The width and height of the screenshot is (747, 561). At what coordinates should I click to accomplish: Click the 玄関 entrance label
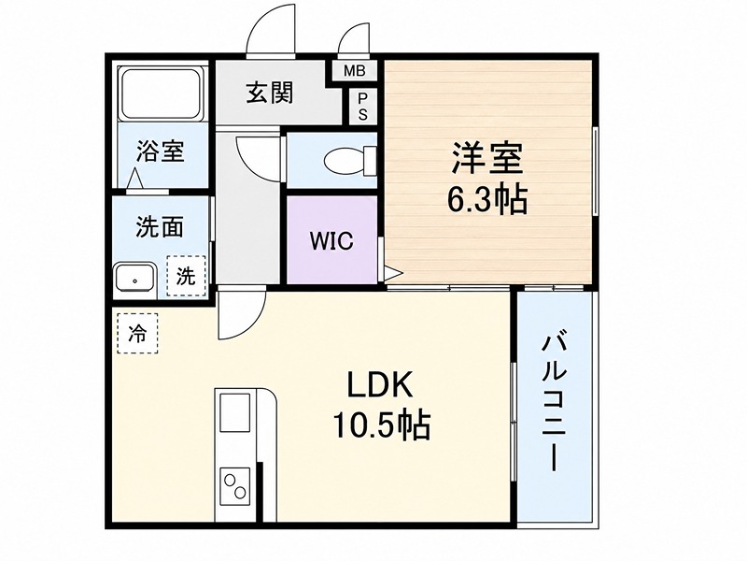[x=270, y=93]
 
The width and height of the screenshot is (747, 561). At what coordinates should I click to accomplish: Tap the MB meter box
[x=355, y=72]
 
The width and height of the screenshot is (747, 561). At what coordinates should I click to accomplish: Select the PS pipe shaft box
[x=363, y=107]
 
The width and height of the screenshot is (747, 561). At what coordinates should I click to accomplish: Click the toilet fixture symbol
[x=349, y=160]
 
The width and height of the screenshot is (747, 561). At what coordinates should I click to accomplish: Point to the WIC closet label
[x=331, y=241]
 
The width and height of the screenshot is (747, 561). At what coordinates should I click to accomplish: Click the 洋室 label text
[x=487, y=159]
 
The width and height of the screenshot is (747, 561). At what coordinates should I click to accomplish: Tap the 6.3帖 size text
[x=486, y=199]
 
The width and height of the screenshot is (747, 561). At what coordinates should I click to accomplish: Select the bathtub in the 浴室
[x=160, y=94]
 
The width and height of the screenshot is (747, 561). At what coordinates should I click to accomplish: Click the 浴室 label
[x=160, y=151]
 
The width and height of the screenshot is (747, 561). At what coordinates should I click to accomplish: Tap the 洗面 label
[x=160, y=226]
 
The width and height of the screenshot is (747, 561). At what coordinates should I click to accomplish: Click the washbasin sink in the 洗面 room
[x=135, y=277]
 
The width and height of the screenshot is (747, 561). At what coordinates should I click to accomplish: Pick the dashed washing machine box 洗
[x=186, y=276]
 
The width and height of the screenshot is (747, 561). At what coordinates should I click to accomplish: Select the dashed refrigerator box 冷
[x=137, y=334]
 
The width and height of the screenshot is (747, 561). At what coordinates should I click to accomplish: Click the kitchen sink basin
[x=234, y=413]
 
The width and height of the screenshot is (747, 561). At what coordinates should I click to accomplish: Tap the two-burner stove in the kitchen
[x=235, y=485]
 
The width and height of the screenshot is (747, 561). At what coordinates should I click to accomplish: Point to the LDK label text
[x=380, y=385]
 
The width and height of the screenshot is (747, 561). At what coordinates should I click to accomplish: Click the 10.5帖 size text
[x=381, y=424]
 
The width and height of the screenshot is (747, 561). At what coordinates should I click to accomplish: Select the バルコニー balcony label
[x=554, y=404]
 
